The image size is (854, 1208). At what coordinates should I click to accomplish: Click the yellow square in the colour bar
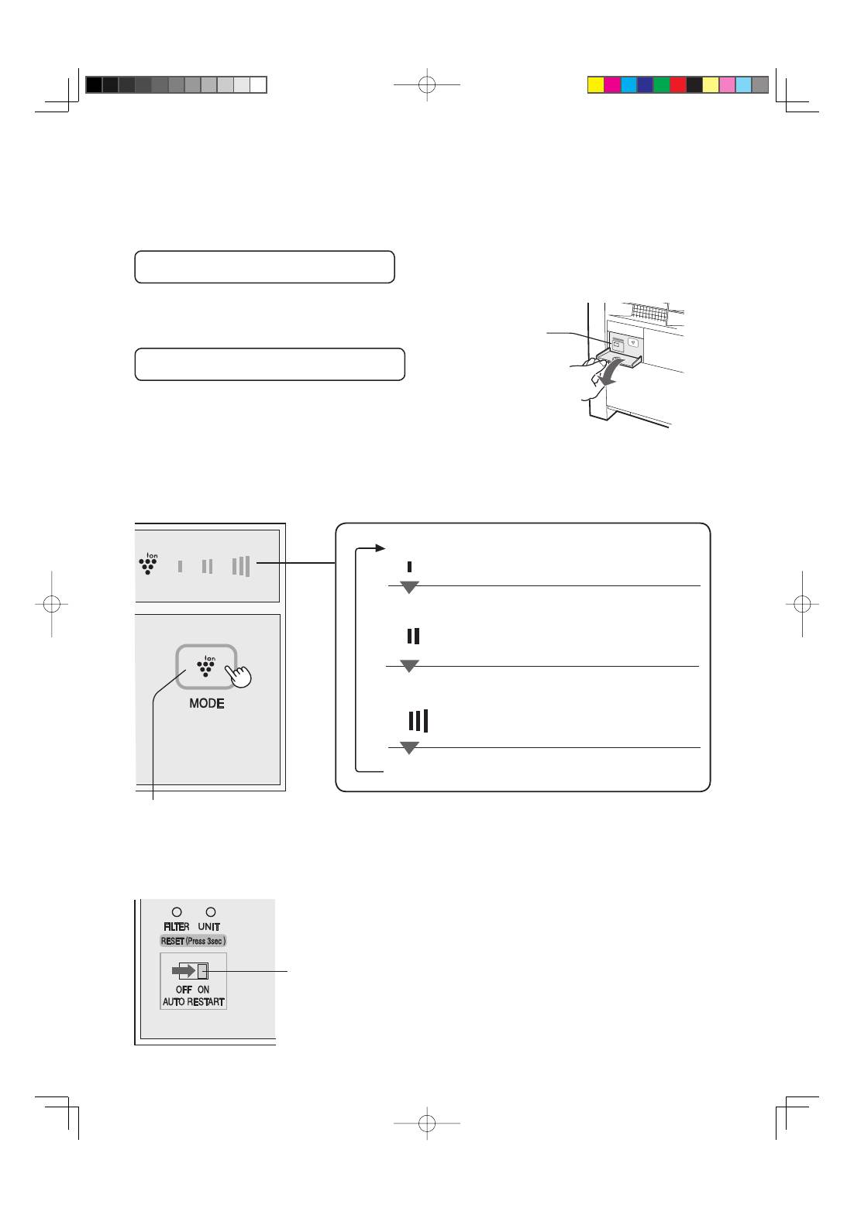tap(596, 85)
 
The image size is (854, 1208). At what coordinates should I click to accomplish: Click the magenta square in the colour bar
tap(612, 85)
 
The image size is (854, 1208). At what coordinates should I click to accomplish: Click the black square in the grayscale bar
tap(94, 85)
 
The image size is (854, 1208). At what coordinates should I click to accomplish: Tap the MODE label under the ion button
tap(207, 703)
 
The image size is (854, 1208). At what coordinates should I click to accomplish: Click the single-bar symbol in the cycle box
tap(410, 567)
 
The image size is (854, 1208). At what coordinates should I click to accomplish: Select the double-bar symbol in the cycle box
tap(413, 637)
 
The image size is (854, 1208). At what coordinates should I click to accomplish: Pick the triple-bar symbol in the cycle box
tap(418, 721)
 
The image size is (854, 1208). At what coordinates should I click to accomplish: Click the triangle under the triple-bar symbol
tap(409, 748)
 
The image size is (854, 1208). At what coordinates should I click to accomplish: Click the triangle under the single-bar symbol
tap(409, 587)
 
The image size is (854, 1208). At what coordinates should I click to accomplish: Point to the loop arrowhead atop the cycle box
tap(380, 548)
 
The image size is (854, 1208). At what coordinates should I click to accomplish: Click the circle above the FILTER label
tap(177, 912)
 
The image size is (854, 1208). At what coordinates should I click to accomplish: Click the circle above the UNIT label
tap(210, 912)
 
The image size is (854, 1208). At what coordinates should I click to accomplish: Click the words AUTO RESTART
tap(193, 1001)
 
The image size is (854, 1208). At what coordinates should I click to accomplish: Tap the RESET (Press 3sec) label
tap(193, 941)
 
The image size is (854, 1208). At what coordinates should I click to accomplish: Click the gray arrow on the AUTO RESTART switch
tap(184, 971)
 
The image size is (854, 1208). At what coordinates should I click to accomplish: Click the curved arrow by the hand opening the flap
tap(618, 369)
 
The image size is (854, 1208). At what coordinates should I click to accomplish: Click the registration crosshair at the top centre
tap(427, 84)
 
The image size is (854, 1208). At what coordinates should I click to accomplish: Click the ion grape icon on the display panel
tap(147, 565)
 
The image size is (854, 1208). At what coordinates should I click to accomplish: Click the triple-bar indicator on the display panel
tap(240, 566)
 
